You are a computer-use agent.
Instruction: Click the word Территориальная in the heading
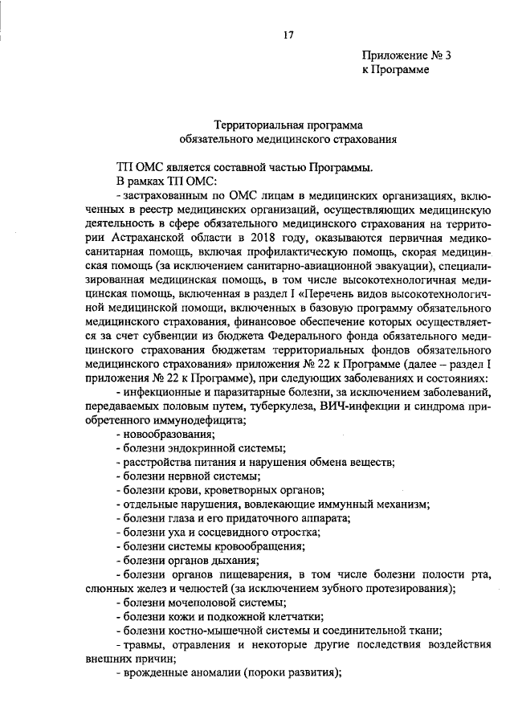click(255, 125)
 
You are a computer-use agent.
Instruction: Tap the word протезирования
click(405, 588)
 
